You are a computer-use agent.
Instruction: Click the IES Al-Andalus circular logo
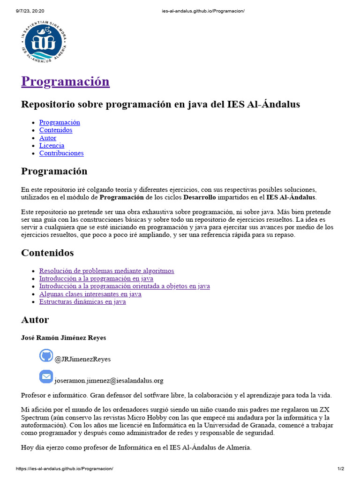[x=44, y=43]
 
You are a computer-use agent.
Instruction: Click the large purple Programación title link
[x=65, y=81]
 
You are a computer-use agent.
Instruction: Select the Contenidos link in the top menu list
[x=55, y=130]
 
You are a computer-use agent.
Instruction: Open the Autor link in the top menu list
[x=47, y=138]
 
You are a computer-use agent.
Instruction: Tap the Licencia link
[x=52, y=145]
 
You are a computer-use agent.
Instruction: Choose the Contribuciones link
[x=61, y=153]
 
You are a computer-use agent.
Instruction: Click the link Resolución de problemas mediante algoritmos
[x=106, y=271]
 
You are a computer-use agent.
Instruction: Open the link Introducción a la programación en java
[x=96, y=278]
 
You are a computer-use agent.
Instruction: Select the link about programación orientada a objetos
[x=124, y=286]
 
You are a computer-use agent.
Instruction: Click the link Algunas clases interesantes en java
[x=90, y=294]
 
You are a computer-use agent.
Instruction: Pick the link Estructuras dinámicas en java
[x=82, y=302]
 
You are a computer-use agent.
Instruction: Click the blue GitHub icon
[x=46, y=355]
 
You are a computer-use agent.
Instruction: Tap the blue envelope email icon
[x=46, y=376]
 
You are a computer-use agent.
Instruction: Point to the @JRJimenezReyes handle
[x=82, y=359]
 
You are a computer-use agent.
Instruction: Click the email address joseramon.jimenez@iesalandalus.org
[x=109, y=381]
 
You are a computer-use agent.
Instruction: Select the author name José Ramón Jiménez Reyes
[x=63, y=337]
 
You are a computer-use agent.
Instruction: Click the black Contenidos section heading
[x=47, y=253]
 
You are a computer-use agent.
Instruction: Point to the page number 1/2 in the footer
[x=341, y=469]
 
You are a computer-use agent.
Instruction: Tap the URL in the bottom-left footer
[x=64, y=469]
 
